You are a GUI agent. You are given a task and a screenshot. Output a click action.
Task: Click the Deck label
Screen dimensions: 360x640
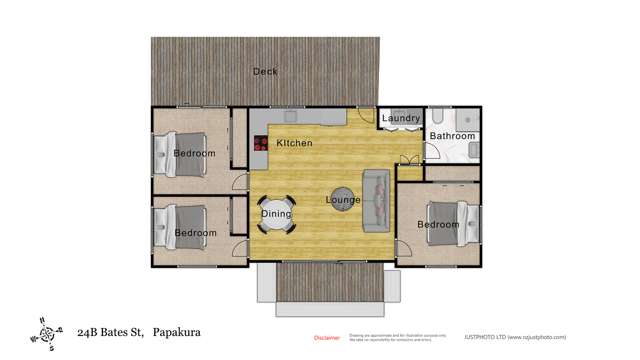pos(265,71)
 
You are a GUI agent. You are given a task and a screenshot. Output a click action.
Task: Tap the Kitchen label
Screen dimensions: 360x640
pos(294,144)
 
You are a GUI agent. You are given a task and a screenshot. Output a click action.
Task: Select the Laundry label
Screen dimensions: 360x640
pos(401,119)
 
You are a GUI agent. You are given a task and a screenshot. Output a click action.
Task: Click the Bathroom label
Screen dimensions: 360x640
pos(452,136)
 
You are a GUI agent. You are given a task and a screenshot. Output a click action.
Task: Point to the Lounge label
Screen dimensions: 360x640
pos(343,200)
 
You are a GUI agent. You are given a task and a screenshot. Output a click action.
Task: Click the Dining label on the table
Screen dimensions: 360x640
pos(276,213)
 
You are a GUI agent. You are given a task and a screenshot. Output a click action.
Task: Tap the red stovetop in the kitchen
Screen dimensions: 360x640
pos(260,144)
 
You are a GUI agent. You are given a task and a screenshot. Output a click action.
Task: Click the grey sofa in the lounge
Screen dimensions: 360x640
pos(377,197)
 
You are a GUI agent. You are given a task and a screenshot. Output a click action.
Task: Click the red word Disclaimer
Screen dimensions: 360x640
pos(327,338)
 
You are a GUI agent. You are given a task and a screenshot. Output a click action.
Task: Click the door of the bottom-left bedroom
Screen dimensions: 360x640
pos(240,245)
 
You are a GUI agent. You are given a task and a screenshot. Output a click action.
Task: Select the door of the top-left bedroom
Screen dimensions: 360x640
pos(241,180)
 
